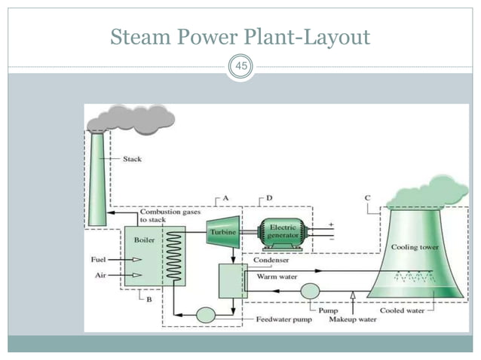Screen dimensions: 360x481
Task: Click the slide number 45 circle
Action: (x=240, y=68)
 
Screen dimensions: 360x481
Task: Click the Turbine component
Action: (x=223, y=231)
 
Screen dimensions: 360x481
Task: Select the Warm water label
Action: (x=274, y=276)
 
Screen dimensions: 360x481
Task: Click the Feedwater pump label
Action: (x=283, y=320)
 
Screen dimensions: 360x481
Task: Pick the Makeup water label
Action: (x=351, y=320)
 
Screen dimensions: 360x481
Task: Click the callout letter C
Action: (x=367, y=197)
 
